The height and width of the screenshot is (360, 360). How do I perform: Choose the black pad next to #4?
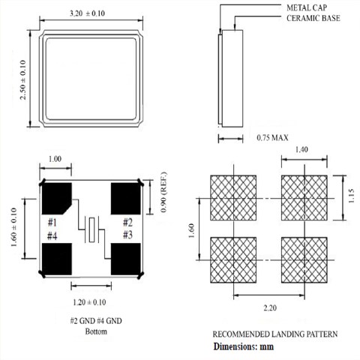[x=55, y=262]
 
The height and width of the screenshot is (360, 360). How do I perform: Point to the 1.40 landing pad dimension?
[x=304, y=151]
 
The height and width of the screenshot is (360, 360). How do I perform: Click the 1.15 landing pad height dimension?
[x=351, y=196]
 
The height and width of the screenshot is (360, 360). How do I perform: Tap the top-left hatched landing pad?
[x=233, y=197]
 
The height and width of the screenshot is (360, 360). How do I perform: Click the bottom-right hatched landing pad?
[x=304, y=259]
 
